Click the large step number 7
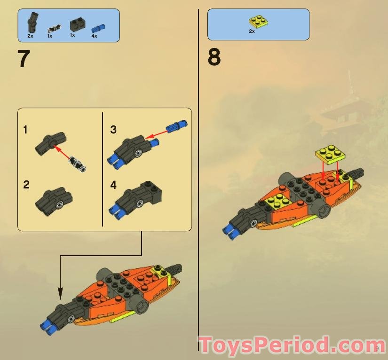(x=24, y=60)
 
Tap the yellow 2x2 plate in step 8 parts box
(x=258, y=22)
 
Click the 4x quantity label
(x=94, y=36)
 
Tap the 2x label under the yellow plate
(x=252, y=31)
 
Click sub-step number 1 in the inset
(x=26, y=130)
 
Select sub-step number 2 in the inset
(x=26, y=185)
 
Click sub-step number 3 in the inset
(x=113, y=130)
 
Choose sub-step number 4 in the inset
(x=113, y=185)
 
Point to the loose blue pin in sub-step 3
(x=177, y=126)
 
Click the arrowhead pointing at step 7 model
(x=60, y=295)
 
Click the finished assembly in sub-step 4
(x=136, y=200)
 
